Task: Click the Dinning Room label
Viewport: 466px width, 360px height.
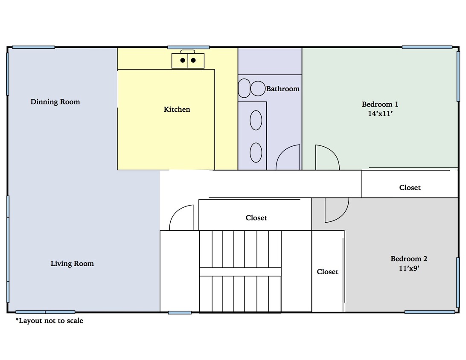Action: click(x=55, y=102)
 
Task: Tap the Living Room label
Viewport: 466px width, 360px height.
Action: click(x=72, y=264)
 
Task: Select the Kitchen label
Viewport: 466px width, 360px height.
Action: click(x=177, y=110)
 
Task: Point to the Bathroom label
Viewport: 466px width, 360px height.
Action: click(x=283, y=89)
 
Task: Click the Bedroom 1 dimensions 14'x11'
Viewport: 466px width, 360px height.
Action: click(x=380, y=114)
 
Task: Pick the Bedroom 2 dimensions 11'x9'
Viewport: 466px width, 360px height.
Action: click(x=409, y=268)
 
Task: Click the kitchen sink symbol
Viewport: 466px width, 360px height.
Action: click(x=188, y=60)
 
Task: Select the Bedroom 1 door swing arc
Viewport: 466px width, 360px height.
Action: click(x=327, y=157)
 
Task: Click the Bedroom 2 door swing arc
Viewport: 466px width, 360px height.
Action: click(x=336, y=210)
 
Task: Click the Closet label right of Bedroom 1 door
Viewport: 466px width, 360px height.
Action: click(x=410, y=188)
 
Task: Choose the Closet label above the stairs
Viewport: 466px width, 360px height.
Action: click(x=256, y=218)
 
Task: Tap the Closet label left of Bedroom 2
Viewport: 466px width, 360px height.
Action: click(x=327, y=272)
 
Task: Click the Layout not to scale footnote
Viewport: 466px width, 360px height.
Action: click(x=50, y=321)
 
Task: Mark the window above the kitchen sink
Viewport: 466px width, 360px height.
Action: click(x=188, y=47)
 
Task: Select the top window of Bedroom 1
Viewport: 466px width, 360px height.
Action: click(x=427, y=47)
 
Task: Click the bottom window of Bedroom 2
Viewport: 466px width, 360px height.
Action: click(x=429, y=312)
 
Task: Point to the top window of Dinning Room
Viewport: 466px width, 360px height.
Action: click(x=33, y=47)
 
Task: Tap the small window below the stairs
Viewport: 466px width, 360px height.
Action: click(x=180, y=313)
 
